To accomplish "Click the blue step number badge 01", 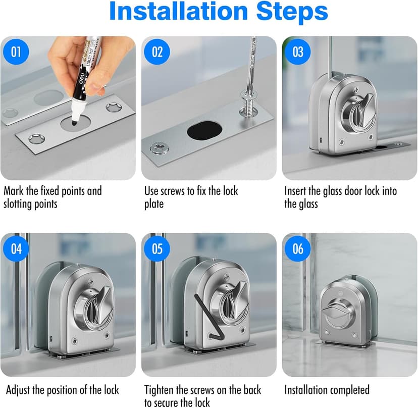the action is pyautogui.click(x=16, y=52).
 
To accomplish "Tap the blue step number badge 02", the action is pyautogui.click(x=156, y=52).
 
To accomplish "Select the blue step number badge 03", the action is pyautogui.click(x=298, y=52).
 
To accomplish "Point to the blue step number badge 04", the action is pyautogui.click(x=16, y=248).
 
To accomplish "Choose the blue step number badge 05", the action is pyautogui.click(x=156, y=248).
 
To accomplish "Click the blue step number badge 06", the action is pyautogui.click(x=298, y=248).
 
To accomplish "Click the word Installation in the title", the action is pyautogui.click(x=179, y=11).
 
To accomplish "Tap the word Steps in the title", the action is pyautogui.click(x=292, y=11).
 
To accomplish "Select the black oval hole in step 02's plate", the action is pyautogui.click(x=204, y=130).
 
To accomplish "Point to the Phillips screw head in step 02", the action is pyautogui.click(x=160, y=147).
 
